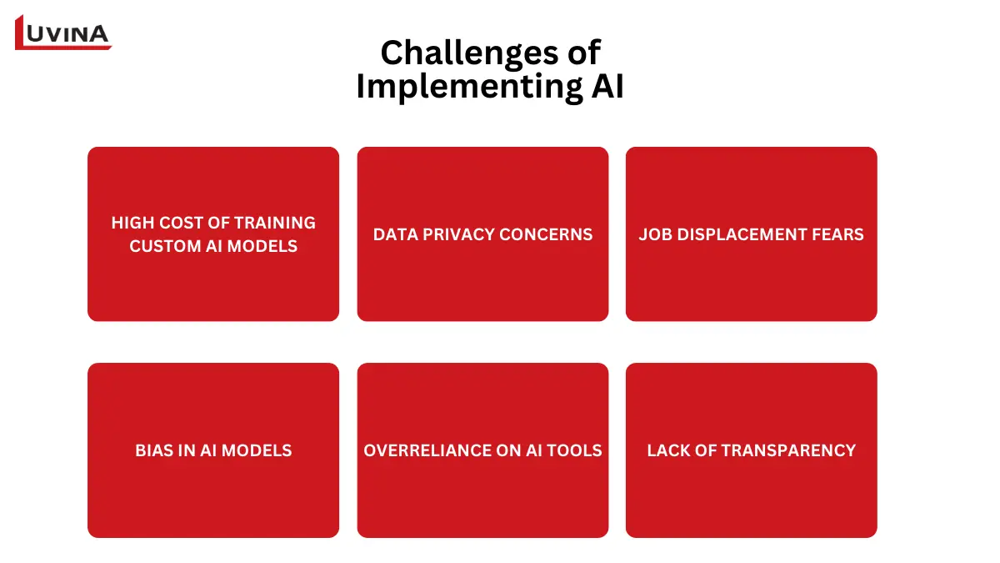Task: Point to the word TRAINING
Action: (274, 223)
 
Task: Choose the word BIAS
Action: (153, 450)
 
